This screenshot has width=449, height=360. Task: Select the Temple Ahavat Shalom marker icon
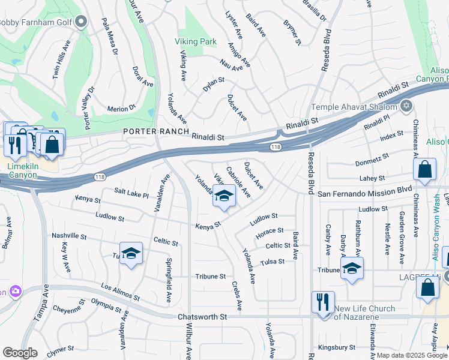pos(406,106)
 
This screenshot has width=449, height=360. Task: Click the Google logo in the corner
pos(19,353)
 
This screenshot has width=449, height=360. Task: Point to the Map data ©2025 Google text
pos(412,355)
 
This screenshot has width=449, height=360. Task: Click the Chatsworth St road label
pos(202,316)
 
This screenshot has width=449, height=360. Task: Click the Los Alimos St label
pos(120,292)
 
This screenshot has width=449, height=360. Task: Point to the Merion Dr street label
pos(121,109)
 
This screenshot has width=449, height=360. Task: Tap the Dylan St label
pos(213,84)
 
